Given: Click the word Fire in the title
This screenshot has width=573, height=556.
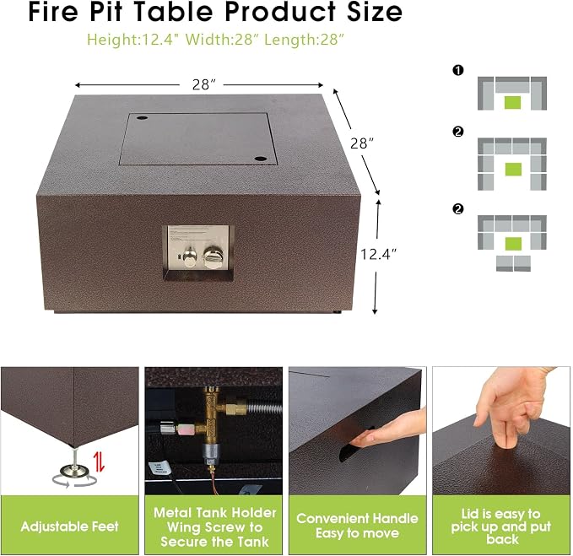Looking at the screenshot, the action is click(53, 12).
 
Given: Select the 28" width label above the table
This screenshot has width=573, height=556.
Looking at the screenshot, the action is click(203, 84).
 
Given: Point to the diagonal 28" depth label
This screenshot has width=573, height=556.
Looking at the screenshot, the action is click(361, 143).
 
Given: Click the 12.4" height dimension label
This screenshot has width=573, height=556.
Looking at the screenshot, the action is click(378, 254).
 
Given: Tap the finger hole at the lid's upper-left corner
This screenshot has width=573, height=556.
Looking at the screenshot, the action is click(142, 118).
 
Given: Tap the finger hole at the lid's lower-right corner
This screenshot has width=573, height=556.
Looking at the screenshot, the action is click(260, 159).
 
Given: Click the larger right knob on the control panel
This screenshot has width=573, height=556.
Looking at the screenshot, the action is click(212, 256).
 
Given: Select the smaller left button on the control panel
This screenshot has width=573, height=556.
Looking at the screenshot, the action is click(190, 256).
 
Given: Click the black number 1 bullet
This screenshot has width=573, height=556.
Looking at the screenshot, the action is click(458, 70).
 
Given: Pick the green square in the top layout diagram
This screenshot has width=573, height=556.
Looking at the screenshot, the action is click(513, 102).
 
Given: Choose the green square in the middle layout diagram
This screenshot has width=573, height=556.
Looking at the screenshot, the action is click(513, 169).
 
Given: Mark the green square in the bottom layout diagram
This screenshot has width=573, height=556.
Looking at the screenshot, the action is click(513, 244).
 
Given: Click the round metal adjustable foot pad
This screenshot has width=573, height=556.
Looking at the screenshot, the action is click(74, 471).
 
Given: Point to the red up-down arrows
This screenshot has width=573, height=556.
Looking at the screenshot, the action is click(99, 462).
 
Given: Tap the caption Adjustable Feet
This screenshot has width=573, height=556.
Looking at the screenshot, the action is click(70, 526).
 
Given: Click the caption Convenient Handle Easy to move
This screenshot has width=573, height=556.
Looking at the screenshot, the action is click(358, 526).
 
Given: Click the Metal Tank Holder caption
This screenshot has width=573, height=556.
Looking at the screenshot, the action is click(215, 512).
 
